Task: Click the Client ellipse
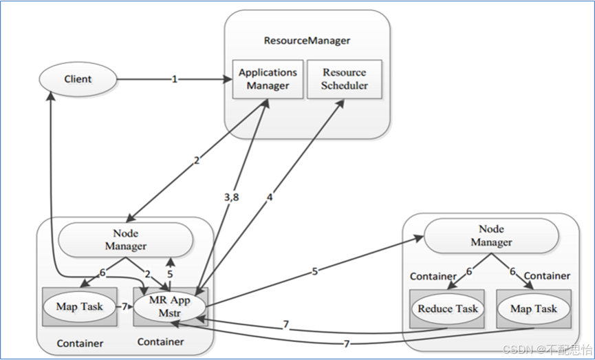(78, 79)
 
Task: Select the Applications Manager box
(268, 79)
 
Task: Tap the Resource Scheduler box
(345, 79)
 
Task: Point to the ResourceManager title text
(307, 41)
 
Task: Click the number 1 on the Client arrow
(175, 79)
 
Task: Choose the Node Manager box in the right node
(491, 235)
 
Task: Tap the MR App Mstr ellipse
(169, 306)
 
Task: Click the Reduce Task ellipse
(448, 309)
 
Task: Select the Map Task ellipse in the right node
(533, 309)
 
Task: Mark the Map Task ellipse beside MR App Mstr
(80, 306)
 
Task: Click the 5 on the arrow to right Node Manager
(314, 271)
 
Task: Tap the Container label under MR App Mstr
(160, 341)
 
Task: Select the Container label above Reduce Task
(433, 276)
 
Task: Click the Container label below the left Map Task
(80, 343)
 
